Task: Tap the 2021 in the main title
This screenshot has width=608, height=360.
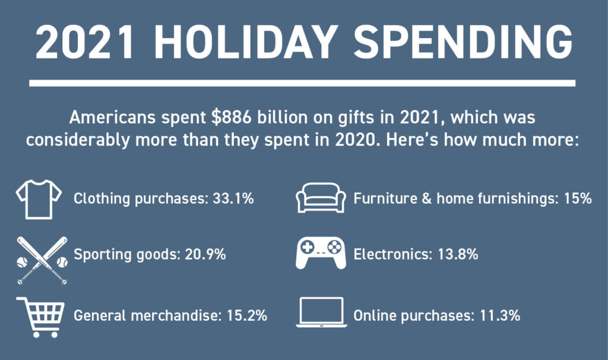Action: (x=85, y=42)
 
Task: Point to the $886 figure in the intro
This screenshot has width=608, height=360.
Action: (x=232, y=117)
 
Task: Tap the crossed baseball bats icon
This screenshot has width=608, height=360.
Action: (x=42, y=260)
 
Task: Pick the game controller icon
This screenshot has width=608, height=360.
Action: (x=321, y=252)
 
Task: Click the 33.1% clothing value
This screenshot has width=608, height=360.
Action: (x=233, y=198)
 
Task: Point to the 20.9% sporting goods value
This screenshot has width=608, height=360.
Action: (x=205, y=254)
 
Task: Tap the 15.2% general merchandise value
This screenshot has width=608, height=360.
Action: (x=247, y=315)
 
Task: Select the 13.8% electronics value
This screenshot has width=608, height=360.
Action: (x=458, y=254)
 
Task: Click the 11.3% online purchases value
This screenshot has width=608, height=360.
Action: (x=500, y=315)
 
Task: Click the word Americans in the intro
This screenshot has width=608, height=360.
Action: (x=112, y=117)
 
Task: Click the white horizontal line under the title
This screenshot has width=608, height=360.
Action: (x=302, y=83)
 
